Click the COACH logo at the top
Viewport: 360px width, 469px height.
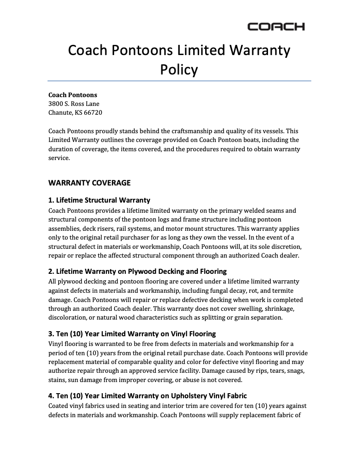pyautogui.click(x=276, y=27)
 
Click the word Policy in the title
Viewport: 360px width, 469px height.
pyautogui.click(x=179, y=69)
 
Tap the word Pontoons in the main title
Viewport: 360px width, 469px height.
pyautogui.click(x=141, y=50)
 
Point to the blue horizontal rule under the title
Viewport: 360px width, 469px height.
pyautogui.click(x=179, y=81)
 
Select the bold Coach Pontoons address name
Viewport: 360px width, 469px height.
pyautogui.click(x=73, y=95)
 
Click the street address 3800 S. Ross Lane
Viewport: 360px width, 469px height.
pyautogui.click(x=74, y=104)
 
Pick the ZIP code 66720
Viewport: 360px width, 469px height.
pyautogui.click(x=93, y=112)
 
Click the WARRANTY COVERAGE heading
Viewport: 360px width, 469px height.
pyautogui.click(x=89, y=183)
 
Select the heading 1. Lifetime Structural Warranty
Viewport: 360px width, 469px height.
pyautogui.click(x=99, y=200)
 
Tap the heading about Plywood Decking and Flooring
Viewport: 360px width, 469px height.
pyautogui.click(x=138, y=271)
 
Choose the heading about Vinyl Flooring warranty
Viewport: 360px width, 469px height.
pyautogui.click(x=132, y=333)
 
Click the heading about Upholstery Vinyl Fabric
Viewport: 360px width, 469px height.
pyautogui.click(x=147, y=396)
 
